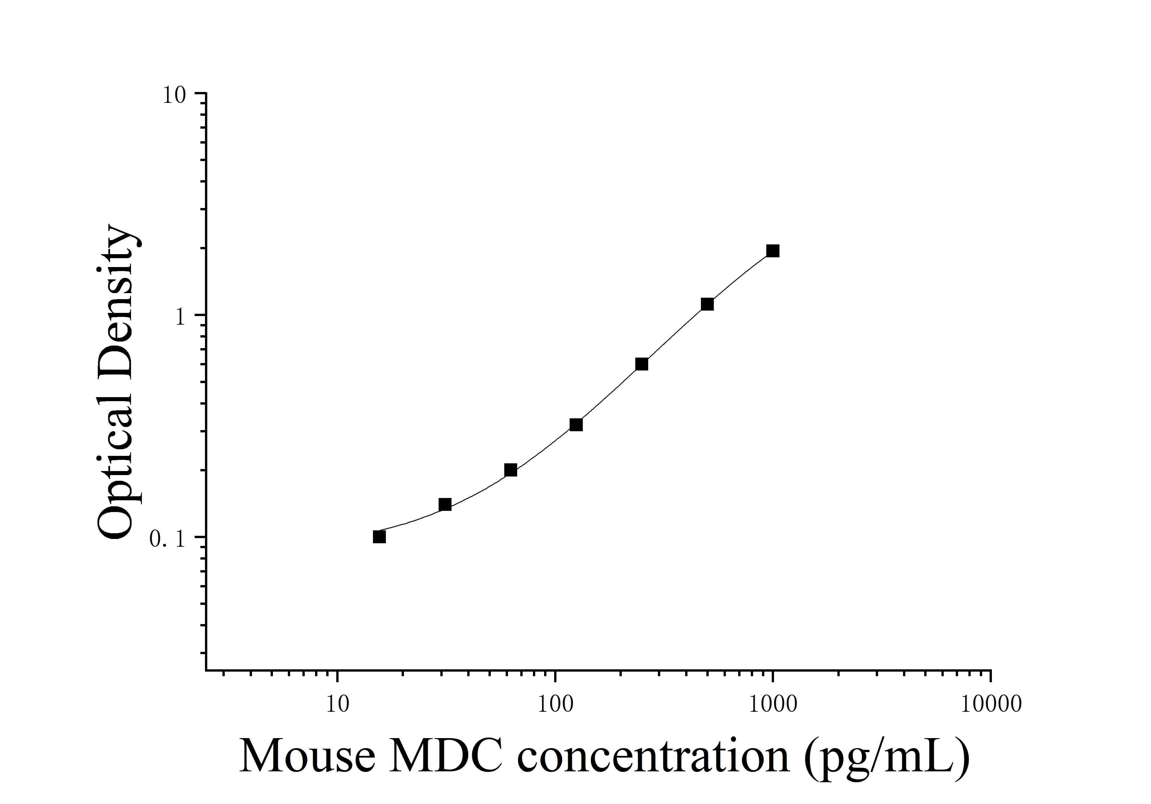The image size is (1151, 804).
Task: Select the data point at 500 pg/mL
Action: tap(707, 304)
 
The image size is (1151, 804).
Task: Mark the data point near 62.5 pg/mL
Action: tap(510, 470)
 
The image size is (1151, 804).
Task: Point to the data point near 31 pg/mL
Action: tap(445, 505)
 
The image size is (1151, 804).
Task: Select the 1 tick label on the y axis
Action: tap(179, 317)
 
